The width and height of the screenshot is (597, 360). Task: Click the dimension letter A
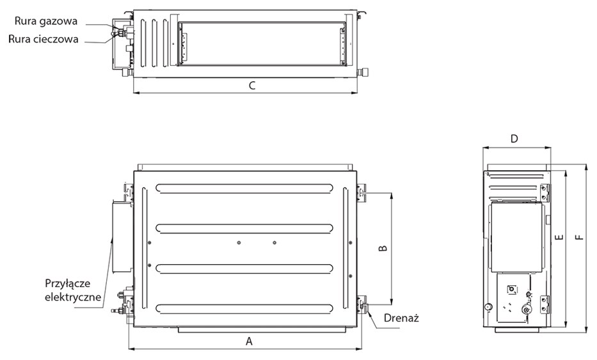(249, 341)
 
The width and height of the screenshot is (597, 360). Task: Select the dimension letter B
(383, 248)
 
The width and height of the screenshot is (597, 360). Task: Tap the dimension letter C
(252, 86)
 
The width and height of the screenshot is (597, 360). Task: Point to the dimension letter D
(514, 139)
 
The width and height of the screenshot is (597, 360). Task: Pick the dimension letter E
(559, 237)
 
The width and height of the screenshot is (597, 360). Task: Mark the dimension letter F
(579, 237)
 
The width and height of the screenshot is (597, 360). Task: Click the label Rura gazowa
(45, 21)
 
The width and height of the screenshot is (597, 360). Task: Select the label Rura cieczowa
(44, 39)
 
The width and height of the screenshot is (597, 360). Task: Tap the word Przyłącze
(68, 284)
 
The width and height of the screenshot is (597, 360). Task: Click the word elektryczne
(73, 297)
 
